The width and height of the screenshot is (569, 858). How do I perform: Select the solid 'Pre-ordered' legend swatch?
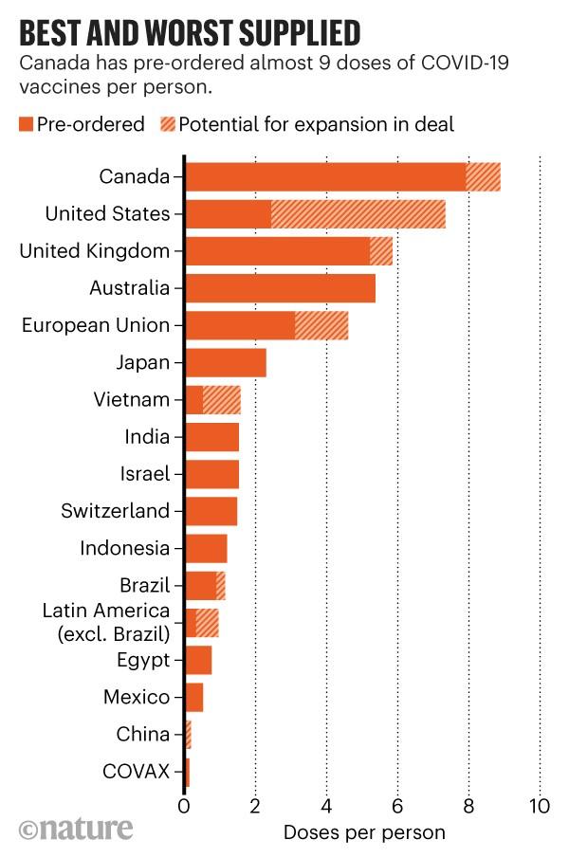coord(26,124)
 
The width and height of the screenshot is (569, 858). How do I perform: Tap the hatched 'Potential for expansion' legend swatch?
coord(166,124)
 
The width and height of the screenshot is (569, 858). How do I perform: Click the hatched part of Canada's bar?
coord(483,177)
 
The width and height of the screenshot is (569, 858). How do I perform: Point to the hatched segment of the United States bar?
coord(358,214)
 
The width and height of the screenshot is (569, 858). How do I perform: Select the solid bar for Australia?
coord(281,288)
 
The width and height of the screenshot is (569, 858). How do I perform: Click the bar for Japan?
coord(226,362)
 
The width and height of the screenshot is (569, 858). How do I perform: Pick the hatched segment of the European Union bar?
coord(321,325)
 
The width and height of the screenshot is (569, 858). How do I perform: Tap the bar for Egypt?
coord(198,660)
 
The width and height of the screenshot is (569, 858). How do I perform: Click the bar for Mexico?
coord(194,697)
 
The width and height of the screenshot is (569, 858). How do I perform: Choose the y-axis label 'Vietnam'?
coord(132,399)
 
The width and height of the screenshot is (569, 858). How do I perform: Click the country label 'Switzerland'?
coord(115,511)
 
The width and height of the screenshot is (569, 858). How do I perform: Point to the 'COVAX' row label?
coord(136,772)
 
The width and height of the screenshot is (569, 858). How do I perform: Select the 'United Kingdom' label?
coord(95,251)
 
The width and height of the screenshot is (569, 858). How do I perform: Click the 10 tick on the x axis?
coord(540,809)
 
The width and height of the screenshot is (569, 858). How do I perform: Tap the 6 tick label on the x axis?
coord(397,809)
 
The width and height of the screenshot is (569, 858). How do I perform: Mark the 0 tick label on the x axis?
coord(185,809)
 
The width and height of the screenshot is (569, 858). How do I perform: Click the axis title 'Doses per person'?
coord(363,833)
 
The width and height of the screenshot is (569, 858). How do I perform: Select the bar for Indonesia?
coord(206,548)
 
